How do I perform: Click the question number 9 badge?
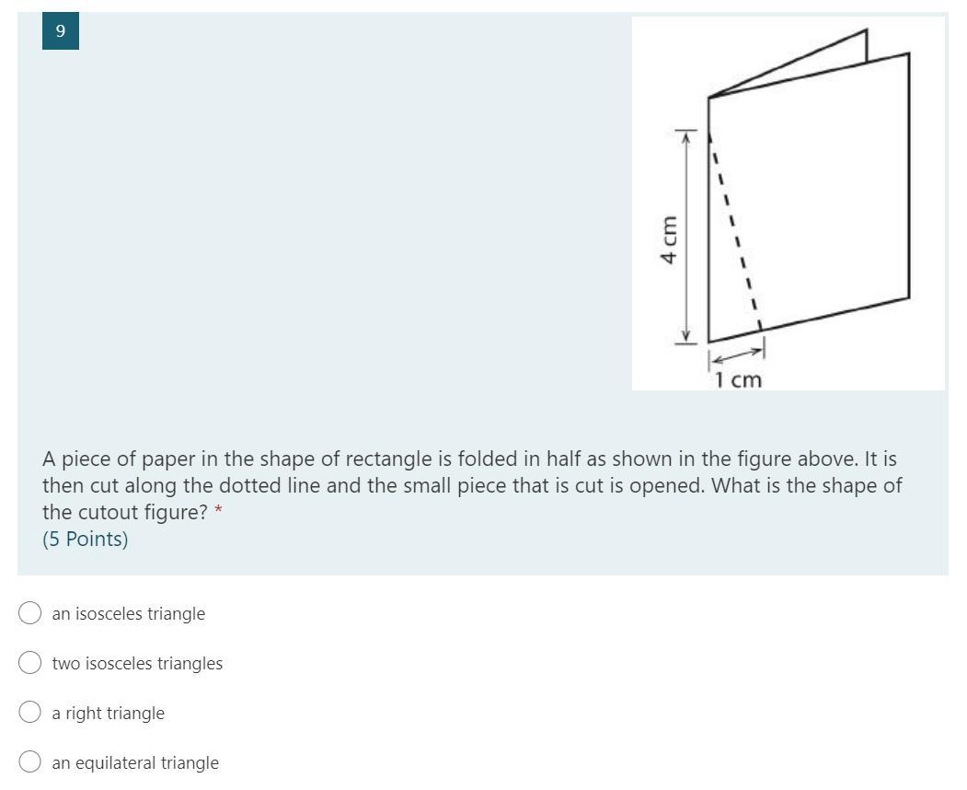[61, 31]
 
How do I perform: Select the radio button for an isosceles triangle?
[29, 613]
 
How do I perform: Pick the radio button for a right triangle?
[29, 712]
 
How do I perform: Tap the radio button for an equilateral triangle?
[29, 761]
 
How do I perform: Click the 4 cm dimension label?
[669, 239]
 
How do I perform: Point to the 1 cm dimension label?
[738, 379]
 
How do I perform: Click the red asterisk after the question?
[218, 510]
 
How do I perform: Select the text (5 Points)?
[85, 539]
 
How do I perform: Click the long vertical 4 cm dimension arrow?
[685, 238]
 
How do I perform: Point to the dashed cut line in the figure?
[735, 231]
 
